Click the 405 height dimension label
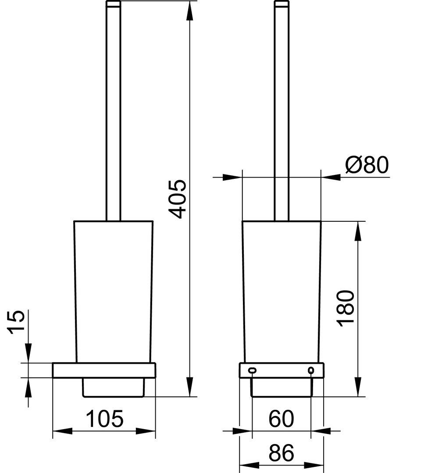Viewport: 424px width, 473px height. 177,199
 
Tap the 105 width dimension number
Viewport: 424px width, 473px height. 105,418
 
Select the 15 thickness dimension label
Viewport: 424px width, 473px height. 16,322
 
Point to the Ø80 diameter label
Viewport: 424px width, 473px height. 367,165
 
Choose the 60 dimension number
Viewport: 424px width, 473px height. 281,418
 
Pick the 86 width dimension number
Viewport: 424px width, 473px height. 281,453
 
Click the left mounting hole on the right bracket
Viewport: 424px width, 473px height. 252,370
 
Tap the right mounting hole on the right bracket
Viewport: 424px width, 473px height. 311,370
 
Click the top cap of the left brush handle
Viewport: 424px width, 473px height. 113,4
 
